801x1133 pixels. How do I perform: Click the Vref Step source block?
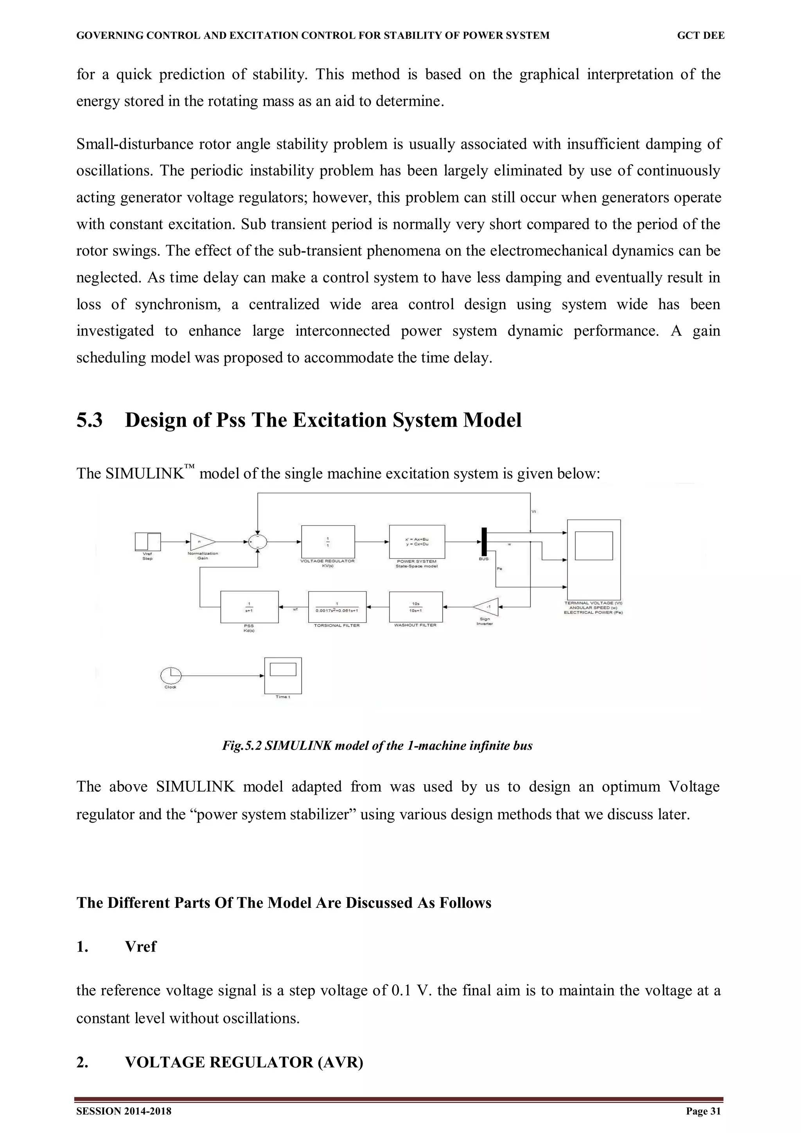(147, 541)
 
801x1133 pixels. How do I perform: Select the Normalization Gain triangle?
(201, 542)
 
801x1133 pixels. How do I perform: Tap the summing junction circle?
(257, 542)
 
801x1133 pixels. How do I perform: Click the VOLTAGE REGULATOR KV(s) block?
(328, 541)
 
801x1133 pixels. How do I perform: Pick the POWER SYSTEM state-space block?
(417, 541)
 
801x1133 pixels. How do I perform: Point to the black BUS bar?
(484, 541)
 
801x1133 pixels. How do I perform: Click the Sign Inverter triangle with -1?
(487, 606)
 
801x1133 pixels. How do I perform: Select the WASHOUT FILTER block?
(415, 606)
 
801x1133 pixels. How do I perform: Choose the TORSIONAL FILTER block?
(337, 606)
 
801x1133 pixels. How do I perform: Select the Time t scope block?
(283, 675)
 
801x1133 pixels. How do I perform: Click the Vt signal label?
(534, 511)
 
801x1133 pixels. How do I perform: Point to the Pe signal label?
(499, 569)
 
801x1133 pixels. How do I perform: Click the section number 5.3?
(89, 420)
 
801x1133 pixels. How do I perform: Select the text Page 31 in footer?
(703, 1111)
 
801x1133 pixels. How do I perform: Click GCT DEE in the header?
(700, 36)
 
